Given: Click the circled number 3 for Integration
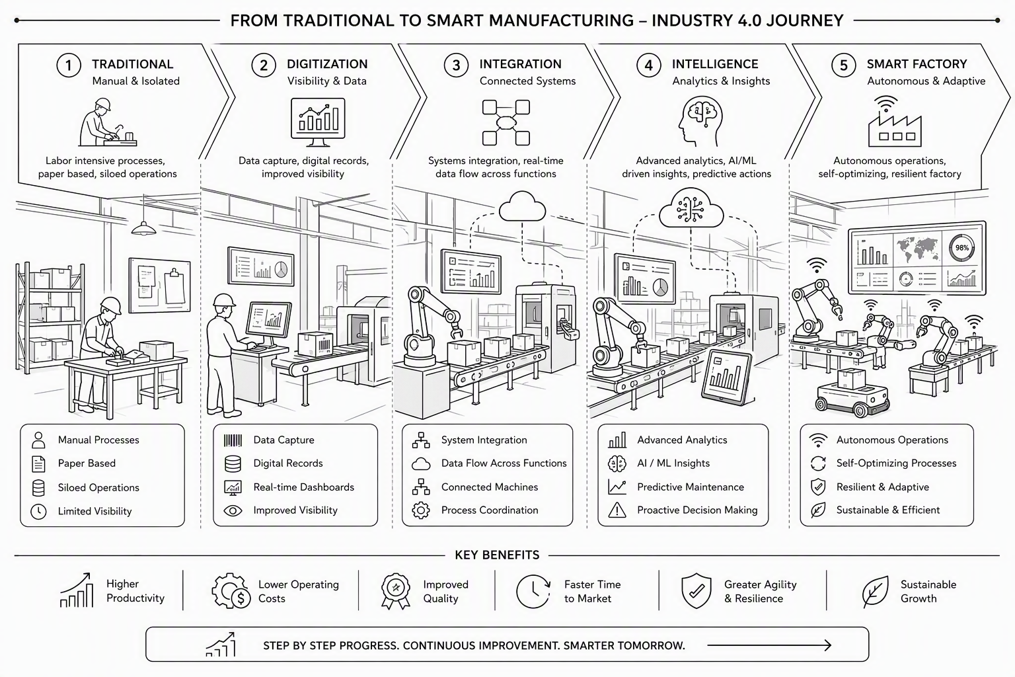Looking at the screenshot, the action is click(x=456, y=65).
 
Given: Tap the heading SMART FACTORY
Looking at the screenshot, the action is click(x=917, y=64).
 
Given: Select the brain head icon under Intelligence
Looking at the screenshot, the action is click(x=700, y=121).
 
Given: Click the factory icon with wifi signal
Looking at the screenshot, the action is click(x=895, y=121).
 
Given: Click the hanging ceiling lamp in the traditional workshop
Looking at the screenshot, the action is click(x=143, y=227).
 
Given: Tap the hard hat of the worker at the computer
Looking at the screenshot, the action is click(x=224, y=300).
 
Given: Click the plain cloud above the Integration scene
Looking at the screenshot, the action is click(x=522, y=206).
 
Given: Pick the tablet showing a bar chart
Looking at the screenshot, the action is click(x=727, y=377).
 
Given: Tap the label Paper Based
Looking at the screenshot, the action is click(x=87, y=463).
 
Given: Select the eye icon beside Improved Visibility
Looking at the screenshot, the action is click(x=233, y=510).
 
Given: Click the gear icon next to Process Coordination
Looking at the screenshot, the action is click(x=421, y=510).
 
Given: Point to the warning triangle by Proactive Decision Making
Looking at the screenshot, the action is click(x=617, y=510).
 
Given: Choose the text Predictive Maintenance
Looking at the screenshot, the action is click(x=691, y=487).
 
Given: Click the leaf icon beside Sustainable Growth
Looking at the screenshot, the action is click(x=875, y=591).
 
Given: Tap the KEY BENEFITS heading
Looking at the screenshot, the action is click(x=497, y=555).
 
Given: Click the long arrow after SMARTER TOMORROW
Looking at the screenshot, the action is click(x=769, y=645).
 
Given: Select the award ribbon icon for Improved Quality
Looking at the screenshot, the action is click(x=396, y=591).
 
